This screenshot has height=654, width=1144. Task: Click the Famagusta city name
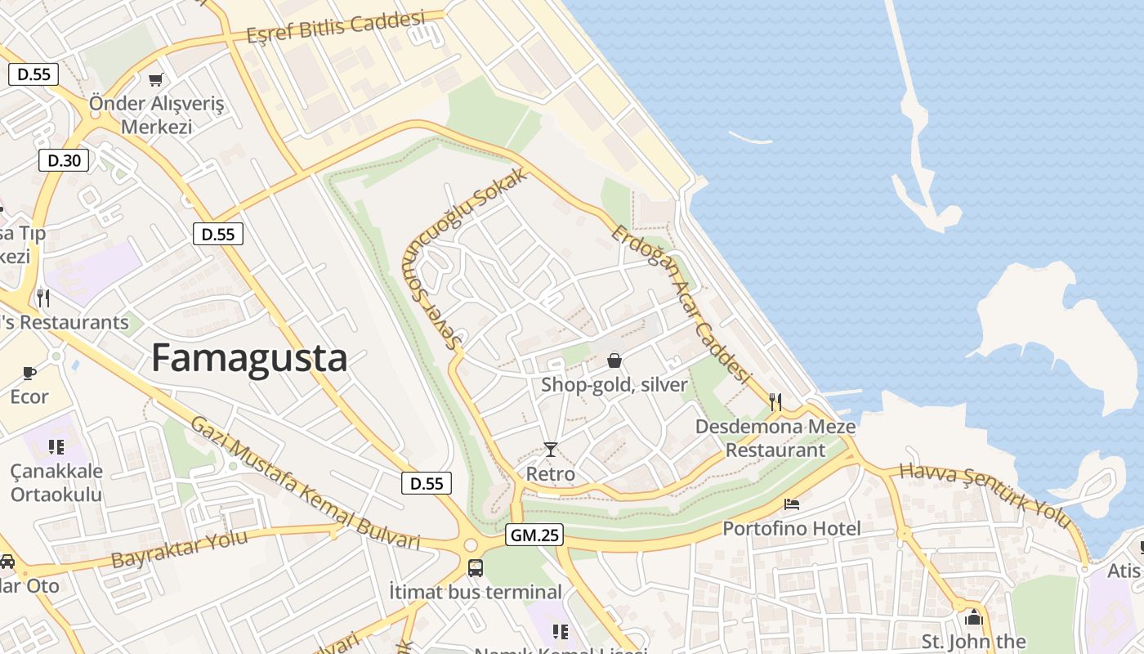249,359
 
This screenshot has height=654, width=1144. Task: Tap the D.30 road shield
64,160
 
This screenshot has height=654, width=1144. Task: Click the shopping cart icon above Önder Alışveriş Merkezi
155,79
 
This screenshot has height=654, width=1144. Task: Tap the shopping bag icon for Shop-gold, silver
614,361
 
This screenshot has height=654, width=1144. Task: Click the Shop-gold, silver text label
614,384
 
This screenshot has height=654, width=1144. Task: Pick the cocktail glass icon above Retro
551,450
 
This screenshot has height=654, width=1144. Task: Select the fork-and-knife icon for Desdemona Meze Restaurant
775,401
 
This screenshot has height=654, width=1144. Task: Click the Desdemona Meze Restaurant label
775,438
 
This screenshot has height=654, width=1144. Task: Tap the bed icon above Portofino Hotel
791,504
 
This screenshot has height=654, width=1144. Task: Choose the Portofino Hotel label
791,529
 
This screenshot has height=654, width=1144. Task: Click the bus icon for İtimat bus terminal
475,567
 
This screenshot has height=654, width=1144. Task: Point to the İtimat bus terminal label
475,592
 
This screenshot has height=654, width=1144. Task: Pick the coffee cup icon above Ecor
29,374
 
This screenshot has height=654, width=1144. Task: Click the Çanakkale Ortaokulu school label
56,482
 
